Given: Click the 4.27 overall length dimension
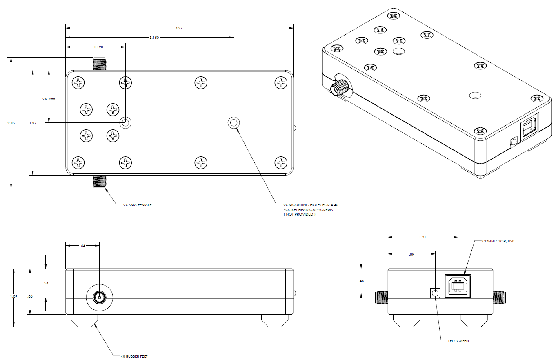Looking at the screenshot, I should (179, 28).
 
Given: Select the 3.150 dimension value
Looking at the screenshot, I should (153, 37).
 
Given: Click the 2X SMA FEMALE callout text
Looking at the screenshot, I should (138, 204).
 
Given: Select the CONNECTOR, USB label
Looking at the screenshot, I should (498, 241).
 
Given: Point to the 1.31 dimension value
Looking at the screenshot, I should (423, 237).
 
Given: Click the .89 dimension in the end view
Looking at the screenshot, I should (411, 254).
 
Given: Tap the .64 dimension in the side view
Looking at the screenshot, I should (83, 245).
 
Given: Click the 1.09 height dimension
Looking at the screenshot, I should (14, 298).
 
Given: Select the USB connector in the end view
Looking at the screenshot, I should (458, 287).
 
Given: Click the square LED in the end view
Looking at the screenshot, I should (435, 293).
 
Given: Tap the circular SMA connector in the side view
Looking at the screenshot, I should (99, 297).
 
